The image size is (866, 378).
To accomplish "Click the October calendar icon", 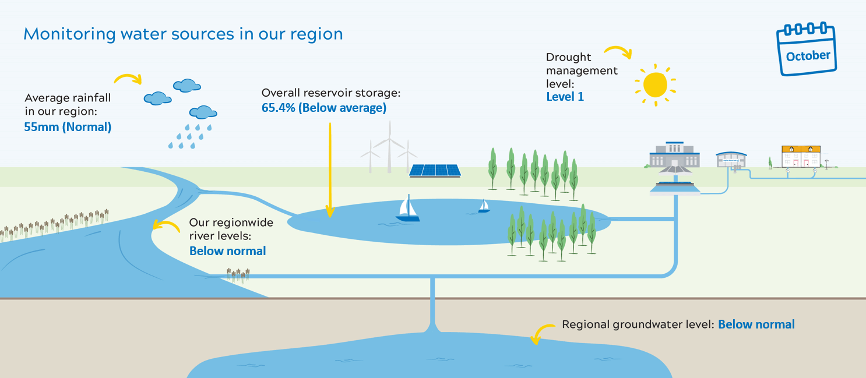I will pos(807,50).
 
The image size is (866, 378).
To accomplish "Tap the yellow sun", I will pos(655,84).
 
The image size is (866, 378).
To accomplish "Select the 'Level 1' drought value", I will pos(565,97).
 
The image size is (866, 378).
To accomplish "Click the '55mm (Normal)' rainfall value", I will pos(68,126).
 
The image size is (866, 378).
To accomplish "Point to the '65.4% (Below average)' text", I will pos(323,108).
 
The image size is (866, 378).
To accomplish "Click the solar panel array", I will pos(435,170).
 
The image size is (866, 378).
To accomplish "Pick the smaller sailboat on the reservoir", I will pos(484,206).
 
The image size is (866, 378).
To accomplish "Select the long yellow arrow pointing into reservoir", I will pos(330,169).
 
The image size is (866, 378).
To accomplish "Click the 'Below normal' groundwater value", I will pos(756,324).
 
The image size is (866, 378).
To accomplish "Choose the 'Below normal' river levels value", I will pos(227,251).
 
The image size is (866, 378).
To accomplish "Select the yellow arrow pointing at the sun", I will pos(618,51).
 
